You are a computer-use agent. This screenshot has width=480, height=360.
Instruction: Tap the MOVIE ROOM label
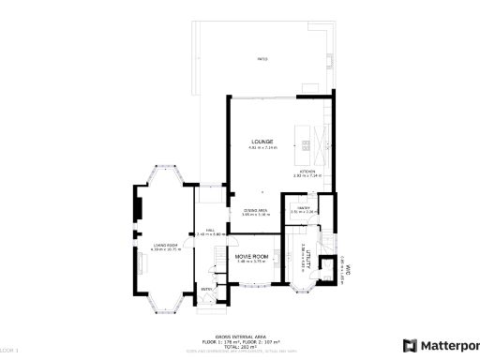click(x=251, y=256)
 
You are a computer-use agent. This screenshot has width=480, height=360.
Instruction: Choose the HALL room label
click(x=213, y=230)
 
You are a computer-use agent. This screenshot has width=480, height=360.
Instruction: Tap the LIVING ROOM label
click(x=165, y=245)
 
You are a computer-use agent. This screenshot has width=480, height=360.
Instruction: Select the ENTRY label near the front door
click(x=206, y=290)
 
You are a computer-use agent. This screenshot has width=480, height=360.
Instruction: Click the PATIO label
click(x=262, y=59)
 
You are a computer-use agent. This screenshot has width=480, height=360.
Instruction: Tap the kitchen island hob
click(x=305, y=142)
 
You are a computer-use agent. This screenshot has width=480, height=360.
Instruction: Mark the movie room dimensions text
click(x=251, y=262)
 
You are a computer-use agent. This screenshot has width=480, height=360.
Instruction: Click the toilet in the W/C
click(x=329, y=275)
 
